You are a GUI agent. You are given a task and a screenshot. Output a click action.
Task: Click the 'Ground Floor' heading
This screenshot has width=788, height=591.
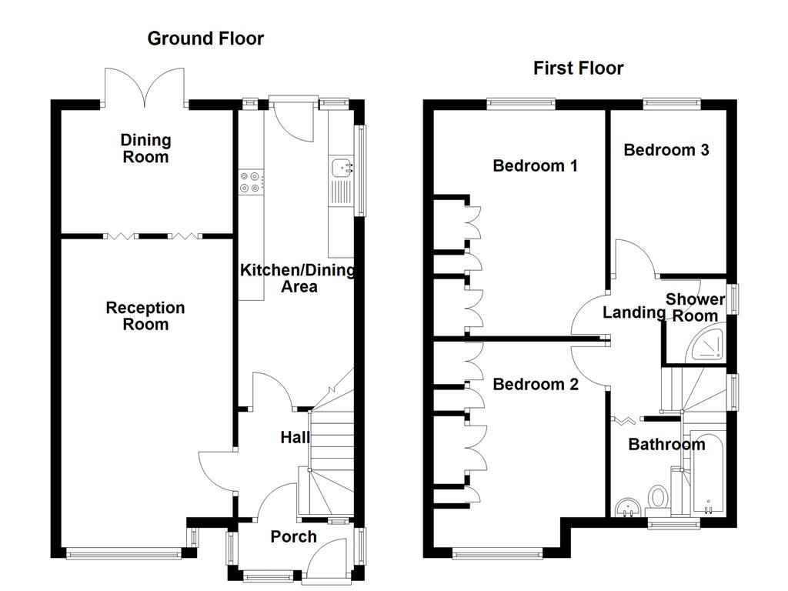(205, 38)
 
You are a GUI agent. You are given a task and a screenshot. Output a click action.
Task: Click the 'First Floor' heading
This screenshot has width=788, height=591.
(578, 68)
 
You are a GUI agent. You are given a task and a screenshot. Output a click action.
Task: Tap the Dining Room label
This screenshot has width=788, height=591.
(145, 149)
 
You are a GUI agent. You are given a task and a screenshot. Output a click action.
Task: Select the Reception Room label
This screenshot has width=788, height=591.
(145, 316)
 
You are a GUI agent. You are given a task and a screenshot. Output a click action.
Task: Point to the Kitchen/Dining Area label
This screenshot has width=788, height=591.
(298, 278)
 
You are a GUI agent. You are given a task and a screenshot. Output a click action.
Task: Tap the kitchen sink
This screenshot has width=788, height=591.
(340, 167)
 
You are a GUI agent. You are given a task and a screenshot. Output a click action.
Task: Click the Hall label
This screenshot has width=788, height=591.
(295, 438)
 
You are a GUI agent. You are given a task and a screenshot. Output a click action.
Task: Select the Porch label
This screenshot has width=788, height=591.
(293, 536)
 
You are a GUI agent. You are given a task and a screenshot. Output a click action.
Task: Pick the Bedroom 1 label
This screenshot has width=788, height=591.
(535, 165)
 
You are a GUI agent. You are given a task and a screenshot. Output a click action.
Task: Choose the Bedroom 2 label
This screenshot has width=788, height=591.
(535, 384)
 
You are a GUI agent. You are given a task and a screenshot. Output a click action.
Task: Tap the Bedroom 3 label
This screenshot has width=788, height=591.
(666, 150)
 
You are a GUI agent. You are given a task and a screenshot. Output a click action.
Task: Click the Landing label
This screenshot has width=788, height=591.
(633, 312)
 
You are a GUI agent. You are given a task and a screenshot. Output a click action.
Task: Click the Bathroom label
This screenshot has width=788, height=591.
(666, 444)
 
